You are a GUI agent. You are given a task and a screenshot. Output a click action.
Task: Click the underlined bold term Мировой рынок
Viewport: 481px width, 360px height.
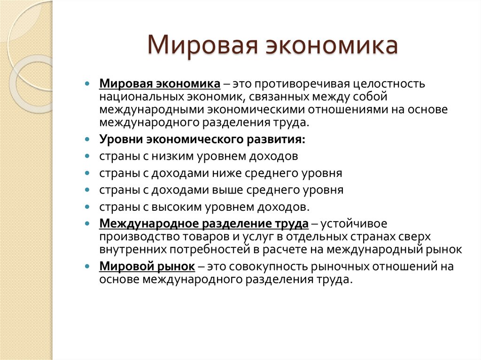[x=147, y=267]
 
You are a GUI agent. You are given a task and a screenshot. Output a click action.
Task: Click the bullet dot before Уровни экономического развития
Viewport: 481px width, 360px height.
[x=87, y=140]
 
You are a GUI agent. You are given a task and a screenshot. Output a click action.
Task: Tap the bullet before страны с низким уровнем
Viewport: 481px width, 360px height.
[x=87, y=156]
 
